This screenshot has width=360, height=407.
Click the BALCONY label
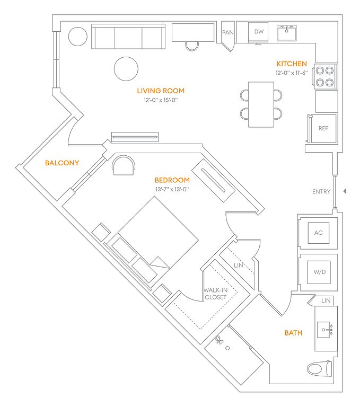(62, 163)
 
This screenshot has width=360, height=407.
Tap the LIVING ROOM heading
(161, 91)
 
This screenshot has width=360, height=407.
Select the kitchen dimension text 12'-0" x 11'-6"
(292, 73)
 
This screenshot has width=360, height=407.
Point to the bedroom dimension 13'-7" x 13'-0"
(172, 189)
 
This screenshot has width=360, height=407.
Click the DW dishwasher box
(258, 32)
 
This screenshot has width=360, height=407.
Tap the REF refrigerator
(323, 128)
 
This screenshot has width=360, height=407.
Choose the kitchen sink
(286, 33)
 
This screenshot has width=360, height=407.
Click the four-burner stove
(325, 76)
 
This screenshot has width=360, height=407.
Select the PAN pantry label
(228, 32)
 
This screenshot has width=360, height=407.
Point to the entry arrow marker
(345, 191)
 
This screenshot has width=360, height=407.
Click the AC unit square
(319, 233)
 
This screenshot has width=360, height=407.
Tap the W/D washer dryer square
(319, 272)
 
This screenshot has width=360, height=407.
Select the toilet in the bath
(320, 369)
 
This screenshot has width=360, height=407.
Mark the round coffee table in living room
(126, 69)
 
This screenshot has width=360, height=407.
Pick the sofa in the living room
(128, 37)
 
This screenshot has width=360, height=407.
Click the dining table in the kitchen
(261, 104)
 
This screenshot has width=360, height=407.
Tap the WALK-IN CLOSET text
(215, 294)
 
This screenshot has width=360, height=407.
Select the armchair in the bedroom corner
(124, 165)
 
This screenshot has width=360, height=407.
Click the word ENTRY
(321, 191)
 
